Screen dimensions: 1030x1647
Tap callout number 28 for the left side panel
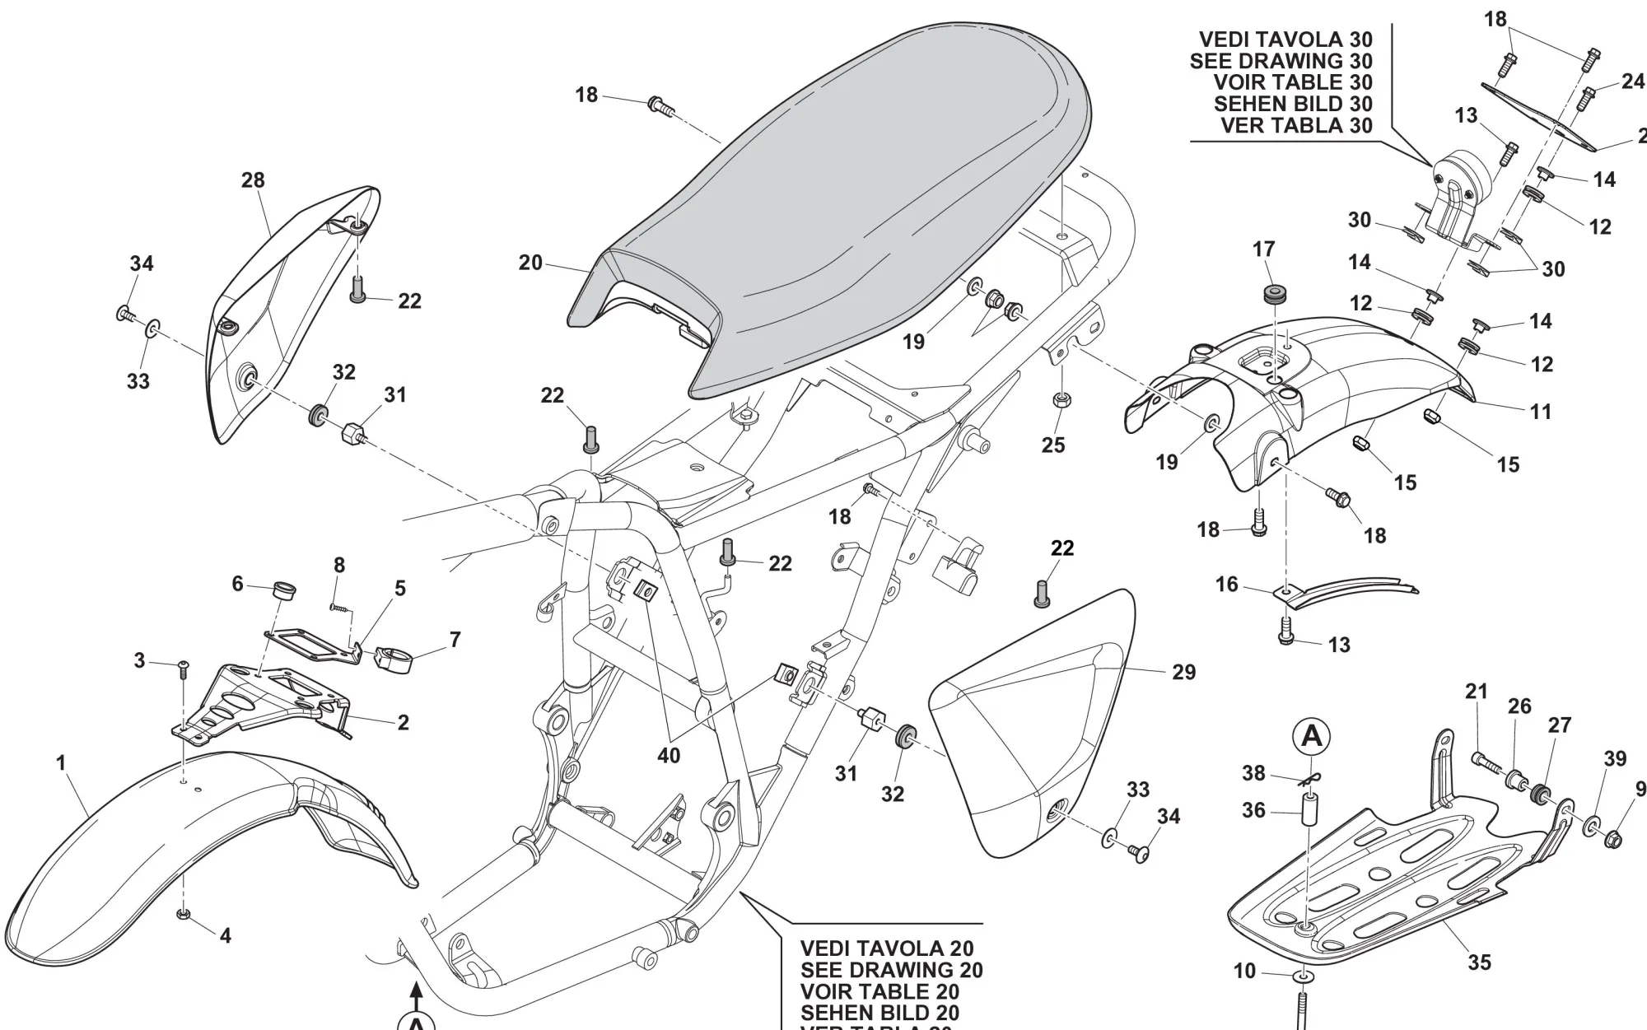[253, 180]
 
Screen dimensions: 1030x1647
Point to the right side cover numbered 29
[1029, 725]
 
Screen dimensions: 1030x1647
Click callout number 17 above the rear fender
[1264, 249]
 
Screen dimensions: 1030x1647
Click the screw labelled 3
[183, 664]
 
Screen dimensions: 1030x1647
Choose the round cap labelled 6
[284, 590]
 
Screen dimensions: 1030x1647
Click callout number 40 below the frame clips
[669, 755]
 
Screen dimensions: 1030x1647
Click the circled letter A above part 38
[1312, 736]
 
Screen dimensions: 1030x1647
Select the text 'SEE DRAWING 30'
[1281, 61]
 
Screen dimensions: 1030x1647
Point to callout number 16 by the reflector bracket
[1227, 585]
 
